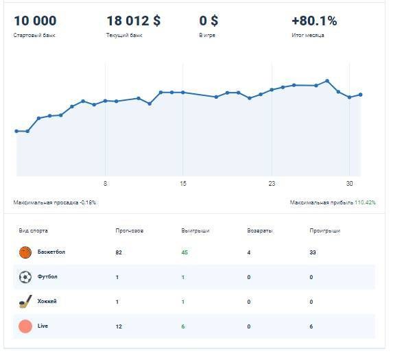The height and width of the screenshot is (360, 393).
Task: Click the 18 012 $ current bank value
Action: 134,21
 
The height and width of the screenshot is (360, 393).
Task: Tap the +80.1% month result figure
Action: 314,21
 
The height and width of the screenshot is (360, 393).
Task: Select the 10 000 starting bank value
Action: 35,21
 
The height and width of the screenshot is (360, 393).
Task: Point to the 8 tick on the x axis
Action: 105,184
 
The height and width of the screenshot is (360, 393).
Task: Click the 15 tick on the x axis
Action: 183,184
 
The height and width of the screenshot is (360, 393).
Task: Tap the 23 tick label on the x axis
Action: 272,184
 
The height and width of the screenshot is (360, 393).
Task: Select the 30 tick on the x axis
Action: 349,184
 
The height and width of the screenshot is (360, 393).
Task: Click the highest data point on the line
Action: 328,81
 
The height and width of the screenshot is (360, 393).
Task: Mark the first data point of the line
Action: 16,131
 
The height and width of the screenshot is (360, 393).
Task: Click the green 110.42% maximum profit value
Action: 365,203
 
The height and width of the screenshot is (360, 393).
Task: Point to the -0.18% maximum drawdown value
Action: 88,203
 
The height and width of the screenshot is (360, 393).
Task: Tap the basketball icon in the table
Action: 25,253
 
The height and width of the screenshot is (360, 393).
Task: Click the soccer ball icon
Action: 25,278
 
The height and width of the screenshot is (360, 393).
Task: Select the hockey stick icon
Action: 25,302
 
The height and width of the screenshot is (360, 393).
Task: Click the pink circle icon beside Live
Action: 25,326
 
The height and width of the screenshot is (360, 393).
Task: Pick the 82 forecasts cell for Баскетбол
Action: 119,253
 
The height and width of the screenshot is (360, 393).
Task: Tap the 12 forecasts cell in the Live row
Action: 119,326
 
